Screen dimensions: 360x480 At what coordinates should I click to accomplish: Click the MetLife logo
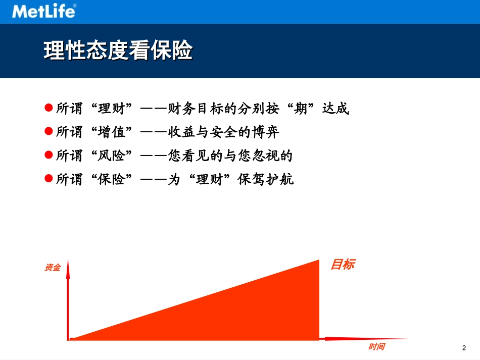(44, 11)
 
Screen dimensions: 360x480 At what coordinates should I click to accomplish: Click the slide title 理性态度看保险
(118, 50)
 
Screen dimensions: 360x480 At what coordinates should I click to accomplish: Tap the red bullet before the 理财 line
(49, 108)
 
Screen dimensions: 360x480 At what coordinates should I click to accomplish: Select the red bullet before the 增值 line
(49, 131)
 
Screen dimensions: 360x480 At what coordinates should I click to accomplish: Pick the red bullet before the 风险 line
(49, 155)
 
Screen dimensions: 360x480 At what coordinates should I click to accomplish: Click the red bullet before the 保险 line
(49, 179)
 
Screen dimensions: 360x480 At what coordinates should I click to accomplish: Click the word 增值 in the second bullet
(112, 132)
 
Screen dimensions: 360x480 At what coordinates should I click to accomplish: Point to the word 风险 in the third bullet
(112, 156)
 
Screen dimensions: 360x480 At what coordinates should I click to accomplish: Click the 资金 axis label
(53, 268)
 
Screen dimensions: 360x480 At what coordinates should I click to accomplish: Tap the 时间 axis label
(376, 347)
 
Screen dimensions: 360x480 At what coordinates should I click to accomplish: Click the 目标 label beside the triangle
(343, 264)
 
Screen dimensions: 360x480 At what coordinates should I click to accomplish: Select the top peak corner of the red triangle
(319, 261)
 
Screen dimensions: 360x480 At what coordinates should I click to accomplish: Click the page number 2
(464, 348)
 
